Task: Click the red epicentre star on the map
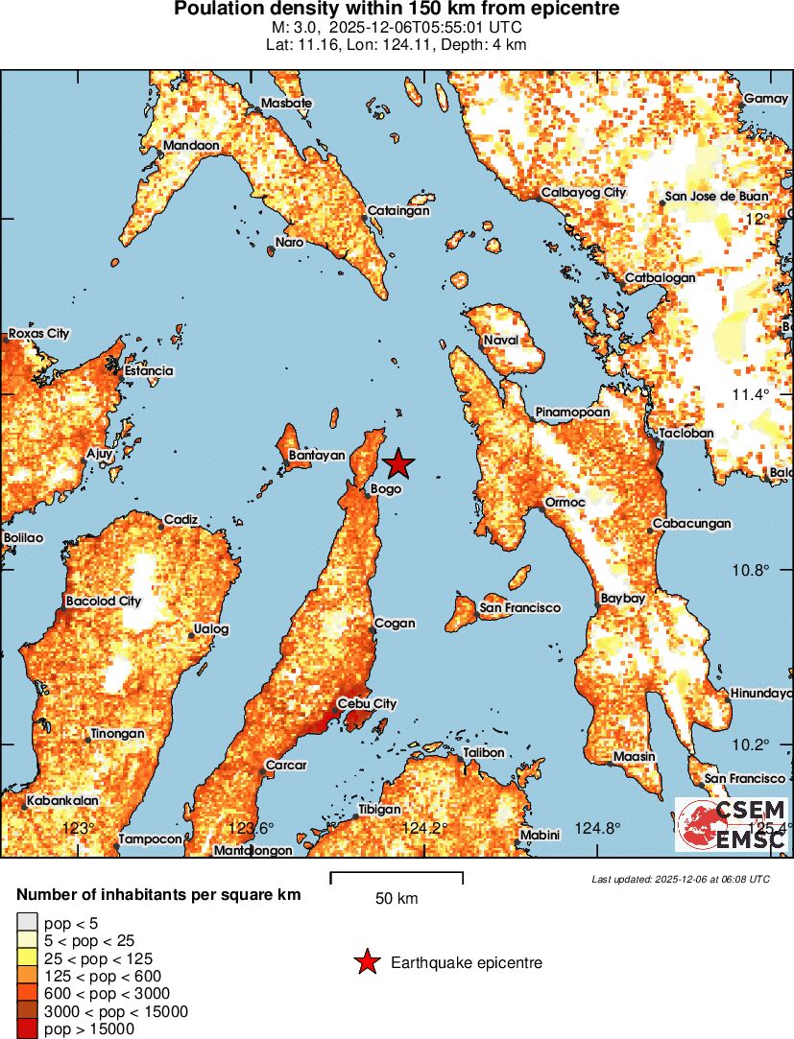[398, 464]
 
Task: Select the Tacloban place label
[686, 434]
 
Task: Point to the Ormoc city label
[565, 503]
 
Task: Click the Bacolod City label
[103, 602]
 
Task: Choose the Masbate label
[286, 103]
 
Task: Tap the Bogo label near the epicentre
[386, 489]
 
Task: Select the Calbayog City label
[583, 193]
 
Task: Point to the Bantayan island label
[316, 456]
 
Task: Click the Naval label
[500, 341]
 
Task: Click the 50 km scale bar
[397, 877]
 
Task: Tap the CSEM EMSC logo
[733, 824]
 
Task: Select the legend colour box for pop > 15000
[26, 1029]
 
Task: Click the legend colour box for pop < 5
[26, 923]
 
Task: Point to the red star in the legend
[366, 962]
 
